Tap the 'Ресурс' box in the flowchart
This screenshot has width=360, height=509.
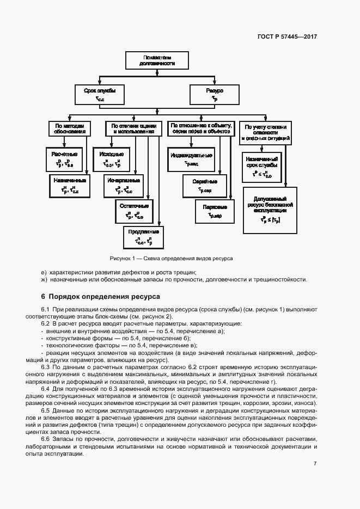[x=214, y=94]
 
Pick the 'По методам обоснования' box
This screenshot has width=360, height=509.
[x=69, y=128]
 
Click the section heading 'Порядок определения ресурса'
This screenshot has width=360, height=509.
[x=100, y=297]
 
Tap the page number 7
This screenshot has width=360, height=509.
[x=315, y=463]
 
